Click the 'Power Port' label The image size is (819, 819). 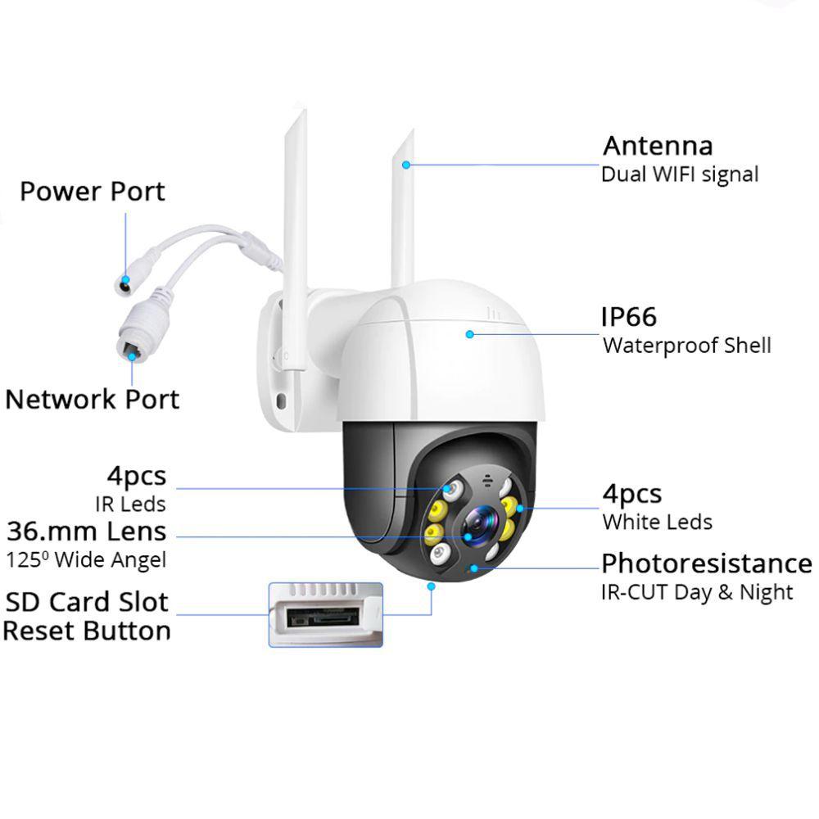point(92,192)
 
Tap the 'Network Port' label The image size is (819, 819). point(92,400)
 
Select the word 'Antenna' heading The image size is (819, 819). point(658,146)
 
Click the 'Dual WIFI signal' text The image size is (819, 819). point(680,174)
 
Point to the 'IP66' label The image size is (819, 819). point(630,317)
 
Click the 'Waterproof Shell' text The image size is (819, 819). point(686,345)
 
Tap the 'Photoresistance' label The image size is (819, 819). point(706,563)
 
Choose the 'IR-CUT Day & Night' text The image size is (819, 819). point(697,592)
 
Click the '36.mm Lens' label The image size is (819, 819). point(87,532)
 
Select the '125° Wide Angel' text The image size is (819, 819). point(86,560)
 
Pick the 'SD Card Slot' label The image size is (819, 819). point(87,602)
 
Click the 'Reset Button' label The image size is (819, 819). point(87,631)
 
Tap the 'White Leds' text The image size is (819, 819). point(657,522)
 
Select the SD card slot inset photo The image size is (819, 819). point(325,615)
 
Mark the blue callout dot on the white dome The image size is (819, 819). point(469,333)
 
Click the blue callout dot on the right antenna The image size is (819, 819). point(405,165)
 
